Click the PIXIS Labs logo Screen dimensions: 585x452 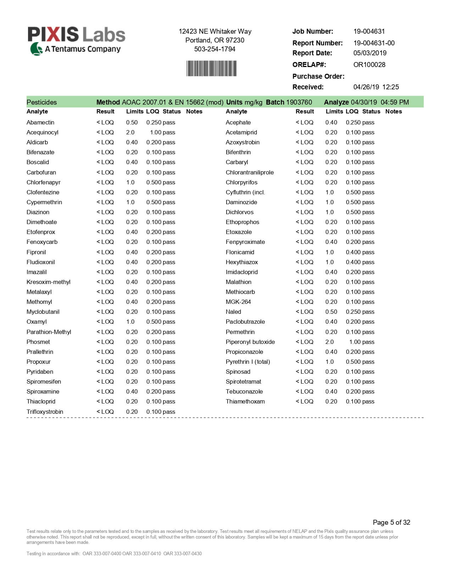pos(76,40)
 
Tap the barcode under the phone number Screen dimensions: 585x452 pos(211,68)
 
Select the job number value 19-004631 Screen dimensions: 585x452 pos(369,31)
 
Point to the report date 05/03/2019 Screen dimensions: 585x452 pos(370,53)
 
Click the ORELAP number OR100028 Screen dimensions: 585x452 pos(369,65)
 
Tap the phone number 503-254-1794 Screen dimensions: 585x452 pos(214,49)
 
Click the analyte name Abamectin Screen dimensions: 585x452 pos(40,122)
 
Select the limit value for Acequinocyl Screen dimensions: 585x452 pos(130,132)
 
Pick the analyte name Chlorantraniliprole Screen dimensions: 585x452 pos(250,172)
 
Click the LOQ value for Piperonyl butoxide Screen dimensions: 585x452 pos(355,342)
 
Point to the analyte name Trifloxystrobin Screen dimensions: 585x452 pos(45,412)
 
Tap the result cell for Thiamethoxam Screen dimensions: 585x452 pos(305,401)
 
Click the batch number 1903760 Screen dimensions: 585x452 pos(299,102)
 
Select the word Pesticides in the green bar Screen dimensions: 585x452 pos(41,102)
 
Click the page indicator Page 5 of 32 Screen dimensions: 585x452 pos(391,522)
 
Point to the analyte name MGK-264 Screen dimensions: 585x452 pos(238,302)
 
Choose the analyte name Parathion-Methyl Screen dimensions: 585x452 pos(49,332)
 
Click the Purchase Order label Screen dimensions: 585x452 pos(318,76)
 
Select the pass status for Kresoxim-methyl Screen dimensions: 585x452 pos(169,282)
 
